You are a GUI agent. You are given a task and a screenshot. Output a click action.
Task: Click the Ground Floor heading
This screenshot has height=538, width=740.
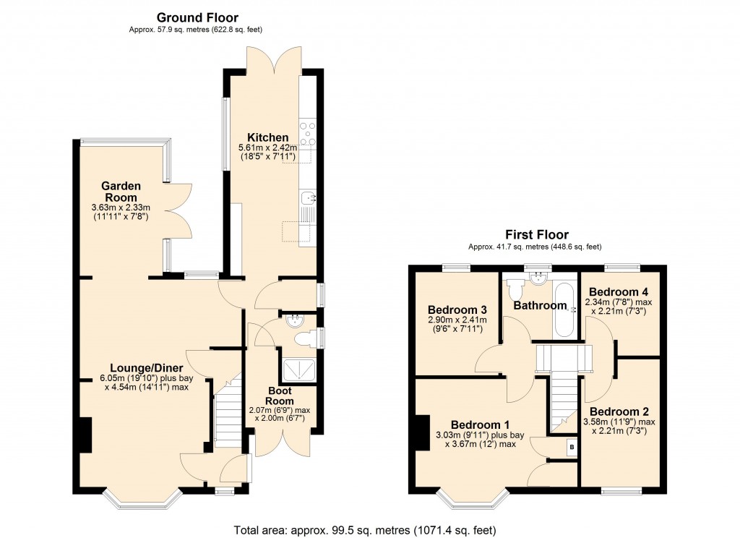click(197, 17)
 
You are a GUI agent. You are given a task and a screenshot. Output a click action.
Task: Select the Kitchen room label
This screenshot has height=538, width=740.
click(268, 137)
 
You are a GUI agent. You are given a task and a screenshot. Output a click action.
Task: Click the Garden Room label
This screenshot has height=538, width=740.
click(121, 192)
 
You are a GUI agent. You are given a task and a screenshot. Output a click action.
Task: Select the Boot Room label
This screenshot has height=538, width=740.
click(279, 396)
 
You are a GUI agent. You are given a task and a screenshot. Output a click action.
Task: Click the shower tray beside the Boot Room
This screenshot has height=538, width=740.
click(298, 370)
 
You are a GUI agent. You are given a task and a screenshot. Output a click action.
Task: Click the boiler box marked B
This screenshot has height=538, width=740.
click(572, 448)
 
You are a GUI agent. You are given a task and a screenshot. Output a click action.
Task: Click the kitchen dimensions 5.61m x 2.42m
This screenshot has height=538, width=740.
click(268, 148)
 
